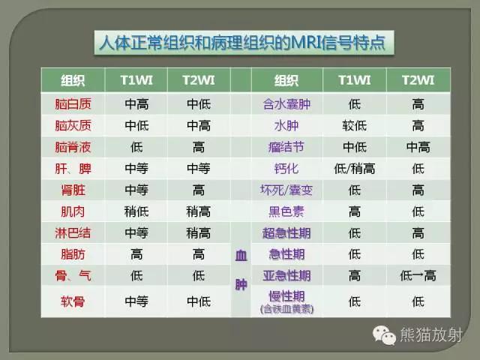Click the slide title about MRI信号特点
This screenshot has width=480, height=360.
(242, 42)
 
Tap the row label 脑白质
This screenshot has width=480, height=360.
(73, 104)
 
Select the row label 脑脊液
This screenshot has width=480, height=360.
(73, 147)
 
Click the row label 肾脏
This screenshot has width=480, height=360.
(73, 190)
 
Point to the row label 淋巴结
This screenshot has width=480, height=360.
(73, 232)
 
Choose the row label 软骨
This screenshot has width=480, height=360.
(73, 301)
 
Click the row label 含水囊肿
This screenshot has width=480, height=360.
(286, 104)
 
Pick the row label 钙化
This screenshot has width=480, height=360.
(286, 169)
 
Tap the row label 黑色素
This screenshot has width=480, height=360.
(286, 211)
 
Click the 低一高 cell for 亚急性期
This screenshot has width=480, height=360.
(418, 275)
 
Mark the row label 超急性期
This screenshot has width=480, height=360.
(286, 232)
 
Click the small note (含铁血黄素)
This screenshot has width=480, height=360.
(286, 308)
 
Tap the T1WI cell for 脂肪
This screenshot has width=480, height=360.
(136, 254)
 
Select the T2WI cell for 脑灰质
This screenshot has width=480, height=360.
(199, 126)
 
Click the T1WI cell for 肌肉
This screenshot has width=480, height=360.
(136, 211)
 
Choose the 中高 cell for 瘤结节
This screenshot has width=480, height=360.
(418, 147)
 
